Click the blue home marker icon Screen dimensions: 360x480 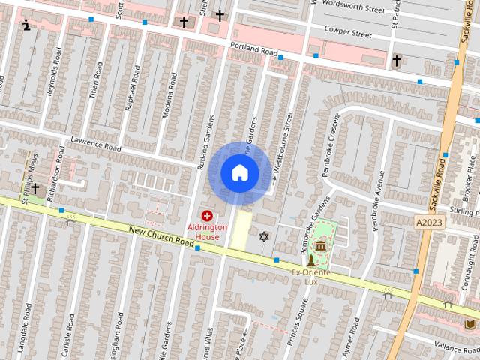[239, 173]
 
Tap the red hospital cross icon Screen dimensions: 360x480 [207, 216]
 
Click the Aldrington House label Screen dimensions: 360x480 [208, 232]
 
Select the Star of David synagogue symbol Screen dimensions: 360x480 [263, 237]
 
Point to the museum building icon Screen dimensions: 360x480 [321, 246]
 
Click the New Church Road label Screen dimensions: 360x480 [161, 238]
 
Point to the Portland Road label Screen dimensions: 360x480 [253, 50]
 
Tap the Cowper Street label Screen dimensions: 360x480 [347, 33]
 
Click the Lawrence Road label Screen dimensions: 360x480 [95, 142]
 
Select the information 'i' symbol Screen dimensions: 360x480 [27, 25]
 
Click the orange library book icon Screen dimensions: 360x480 [470, 324]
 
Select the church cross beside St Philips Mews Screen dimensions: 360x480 [34, 188]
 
